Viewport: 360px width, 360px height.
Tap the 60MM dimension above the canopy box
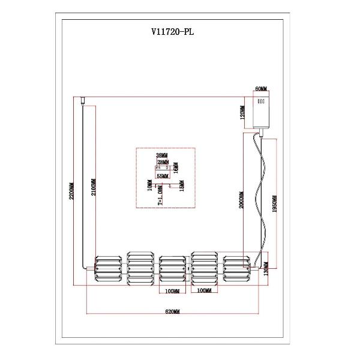click(261, 88)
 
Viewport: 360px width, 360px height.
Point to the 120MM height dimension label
click(242, 112)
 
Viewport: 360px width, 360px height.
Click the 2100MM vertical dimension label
click(92, 190)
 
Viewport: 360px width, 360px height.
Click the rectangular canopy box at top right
click(261, 109)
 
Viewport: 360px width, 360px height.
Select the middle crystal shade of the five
click(174, 269)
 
